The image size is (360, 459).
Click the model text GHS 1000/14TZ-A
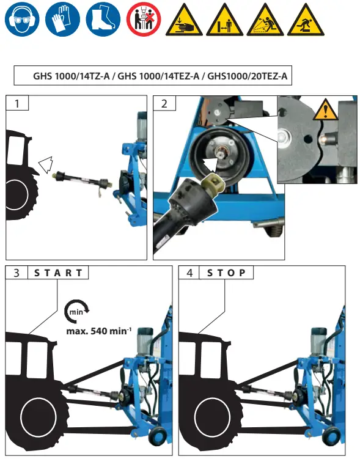(72, 77)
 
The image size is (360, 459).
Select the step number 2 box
(164, 103)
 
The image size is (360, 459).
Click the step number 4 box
(189, 273)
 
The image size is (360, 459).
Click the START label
(58, 273)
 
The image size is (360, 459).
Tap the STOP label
(227, 273)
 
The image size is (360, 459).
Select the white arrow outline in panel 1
(45, 164)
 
